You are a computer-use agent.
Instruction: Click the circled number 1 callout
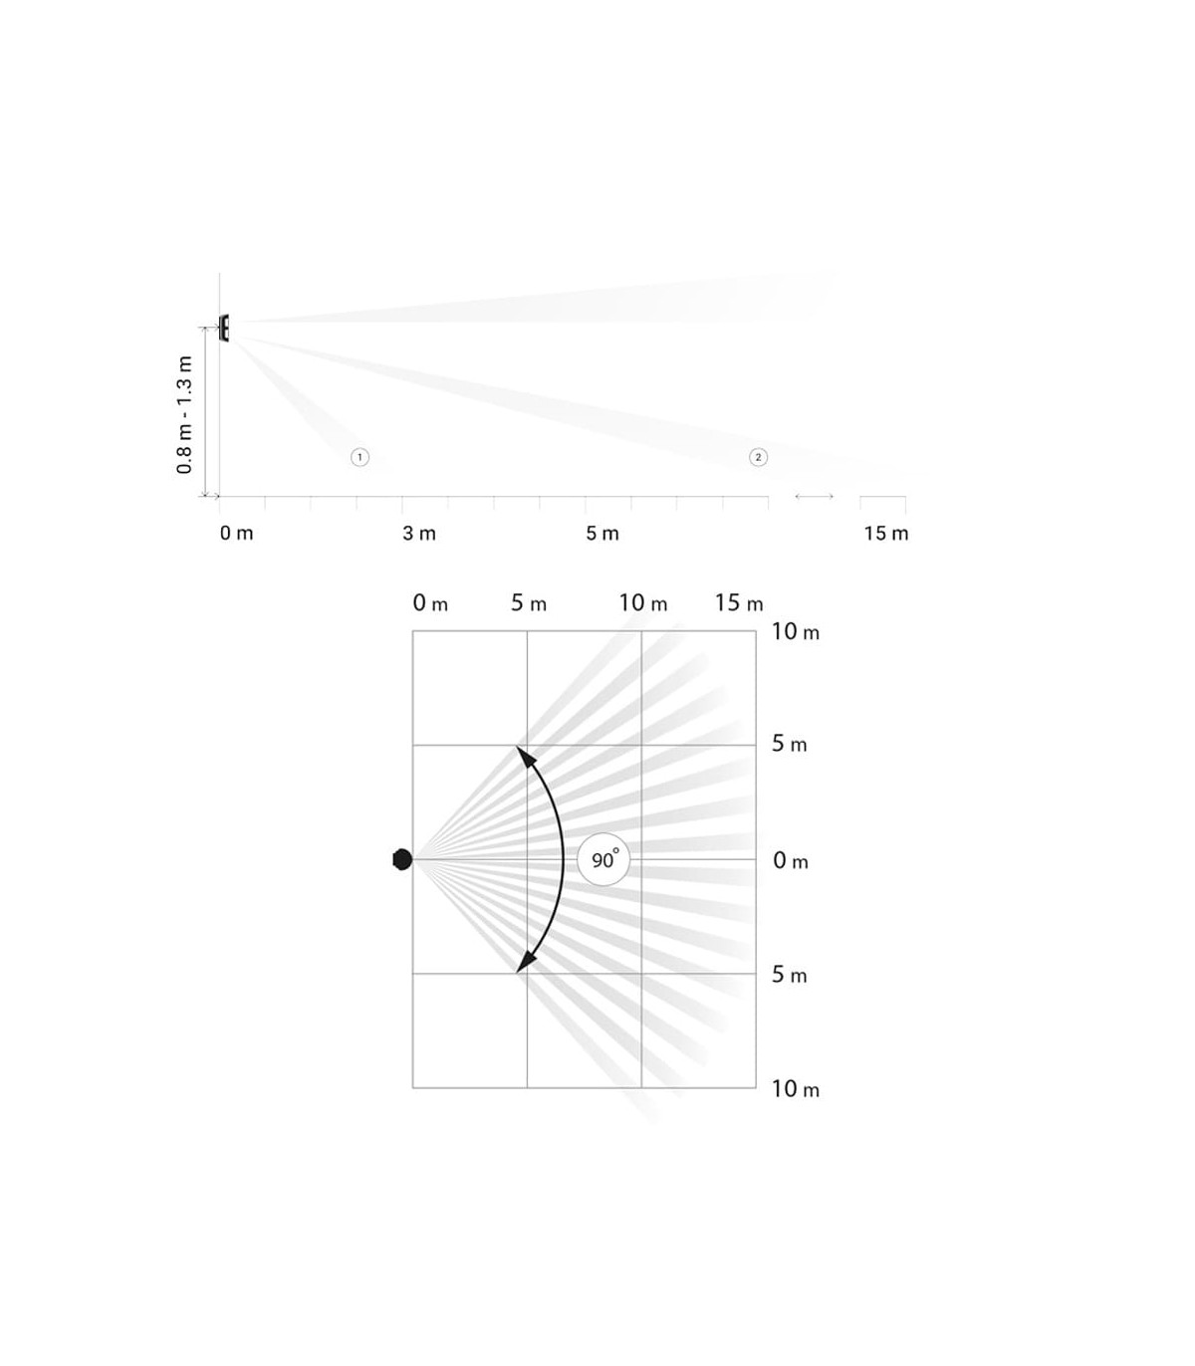click(359, 457)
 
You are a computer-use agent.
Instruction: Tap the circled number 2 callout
click(758, 457)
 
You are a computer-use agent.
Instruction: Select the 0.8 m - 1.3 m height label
click(184, 414)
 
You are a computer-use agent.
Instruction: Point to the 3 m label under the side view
click(419, 534)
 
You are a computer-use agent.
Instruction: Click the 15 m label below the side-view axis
click(886, 534)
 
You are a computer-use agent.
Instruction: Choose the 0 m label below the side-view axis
click(236, 534)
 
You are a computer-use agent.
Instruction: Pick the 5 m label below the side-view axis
click(602, 534)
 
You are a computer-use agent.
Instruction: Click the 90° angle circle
click(603, 860)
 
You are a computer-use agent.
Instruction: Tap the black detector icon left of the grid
click(402, 860)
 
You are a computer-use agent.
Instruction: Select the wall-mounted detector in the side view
click(224, 328)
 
